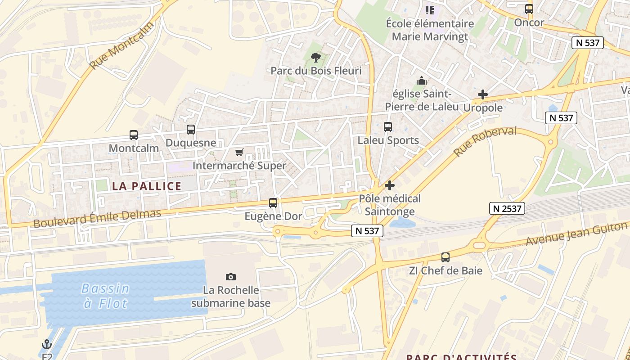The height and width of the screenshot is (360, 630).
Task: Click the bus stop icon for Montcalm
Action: pos(134,135)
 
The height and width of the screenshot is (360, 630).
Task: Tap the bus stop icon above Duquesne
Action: pos(191,130)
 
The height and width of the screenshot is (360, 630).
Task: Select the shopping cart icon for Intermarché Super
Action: pos(239,153)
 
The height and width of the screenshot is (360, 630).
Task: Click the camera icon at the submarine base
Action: pos(231,277)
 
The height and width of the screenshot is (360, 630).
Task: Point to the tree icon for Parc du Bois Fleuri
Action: pos(316,57)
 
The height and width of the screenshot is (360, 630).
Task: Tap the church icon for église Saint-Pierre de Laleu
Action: pos(422,81)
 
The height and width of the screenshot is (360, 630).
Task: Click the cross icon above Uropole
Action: pos(483,94)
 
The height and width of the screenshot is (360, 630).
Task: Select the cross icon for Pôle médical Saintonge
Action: pos(390,185)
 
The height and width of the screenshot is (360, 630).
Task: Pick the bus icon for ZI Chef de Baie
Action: pos(445,257)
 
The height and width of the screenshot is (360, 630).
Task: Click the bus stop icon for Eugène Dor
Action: pos(273,203)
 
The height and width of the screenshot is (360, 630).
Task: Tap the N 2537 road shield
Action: pos(507,208)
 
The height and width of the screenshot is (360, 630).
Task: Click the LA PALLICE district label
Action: pos(147,186)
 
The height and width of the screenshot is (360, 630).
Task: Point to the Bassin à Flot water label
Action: pos(106,296)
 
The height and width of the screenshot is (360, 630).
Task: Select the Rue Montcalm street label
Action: pos(121,45)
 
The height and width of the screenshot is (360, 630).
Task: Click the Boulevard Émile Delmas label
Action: pos(97,218)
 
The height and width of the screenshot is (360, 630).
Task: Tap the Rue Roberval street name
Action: pos(485,141)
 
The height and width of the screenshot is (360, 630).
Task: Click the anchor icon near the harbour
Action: pos(47,345)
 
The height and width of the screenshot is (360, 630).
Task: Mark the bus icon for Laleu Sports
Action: pos(388,127)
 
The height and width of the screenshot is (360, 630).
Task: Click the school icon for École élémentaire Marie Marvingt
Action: pos(430,10)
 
